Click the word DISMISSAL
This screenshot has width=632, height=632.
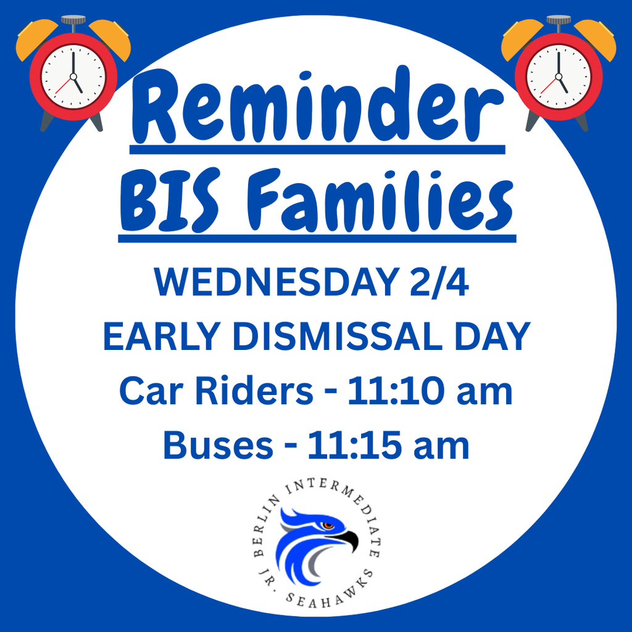[x=338, y=336]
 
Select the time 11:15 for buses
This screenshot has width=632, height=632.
[x=355, y=446]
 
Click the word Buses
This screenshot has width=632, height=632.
[x=218, y=446]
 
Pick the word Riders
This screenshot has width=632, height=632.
[x=254, y=391]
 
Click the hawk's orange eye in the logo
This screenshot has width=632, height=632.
[x=328, y=525]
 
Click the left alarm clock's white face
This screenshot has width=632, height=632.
[x=73, y=77]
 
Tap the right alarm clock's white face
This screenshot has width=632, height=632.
[x=559, y=77]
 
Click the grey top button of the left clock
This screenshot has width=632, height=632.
[x=73, y=19]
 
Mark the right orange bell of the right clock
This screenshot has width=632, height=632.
[x=596, y=39]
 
